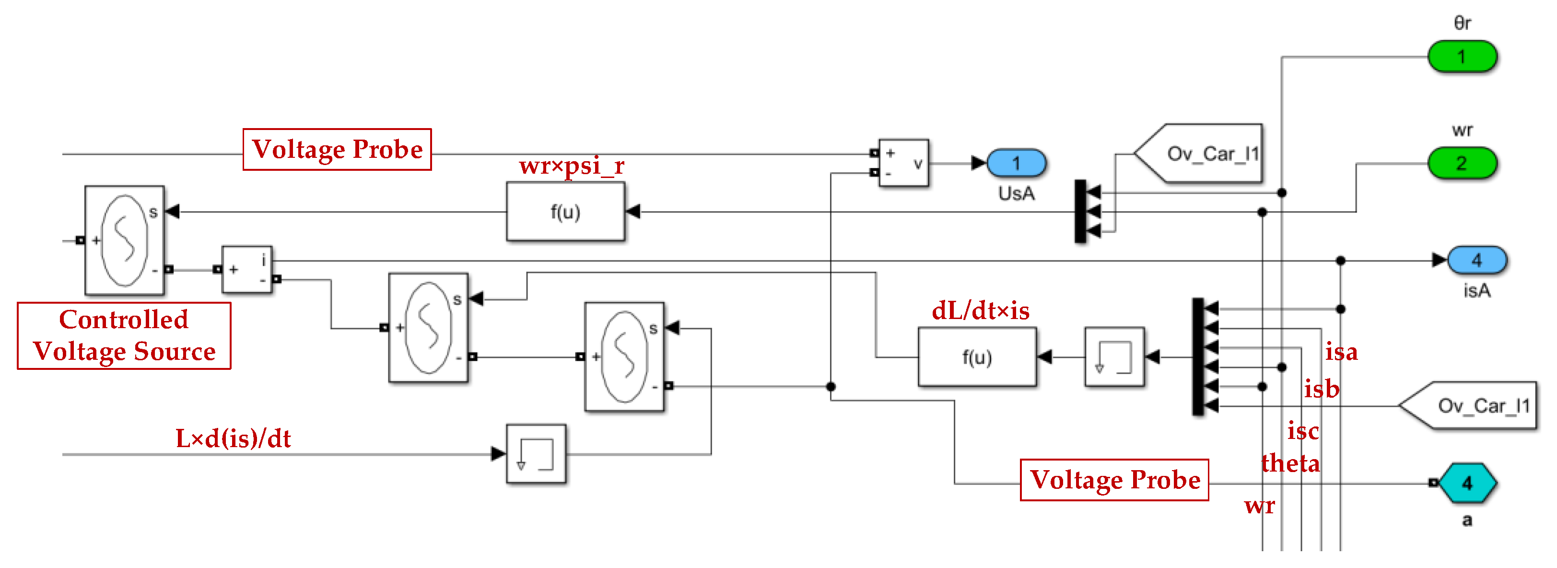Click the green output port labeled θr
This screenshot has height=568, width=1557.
(x=1462, y=57)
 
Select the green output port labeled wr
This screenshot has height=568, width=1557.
(x=1462, y=163)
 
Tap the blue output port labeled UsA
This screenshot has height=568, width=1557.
(x=1016, y=163)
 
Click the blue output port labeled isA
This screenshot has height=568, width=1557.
(x=1476, y=260)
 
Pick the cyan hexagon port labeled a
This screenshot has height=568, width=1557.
(x=1467, y=483)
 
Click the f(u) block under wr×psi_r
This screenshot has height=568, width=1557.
(x=565, y=212)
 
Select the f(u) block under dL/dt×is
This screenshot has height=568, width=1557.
(x=977, y=357)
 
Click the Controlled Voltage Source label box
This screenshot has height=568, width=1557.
(x=124, y=336)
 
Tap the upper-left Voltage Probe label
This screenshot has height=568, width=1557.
(x=337, y=149)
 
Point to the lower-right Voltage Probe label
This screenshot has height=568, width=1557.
(x=1114, y=480)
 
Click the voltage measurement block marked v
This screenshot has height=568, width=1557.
(x=903, y=163)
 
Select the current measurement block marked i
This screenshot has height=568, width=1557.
(x=247, y=270)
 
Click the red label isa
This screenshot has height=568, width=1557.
(x=1341, y=352)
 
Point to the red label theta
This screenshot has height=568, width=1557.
(x=1290, y=463)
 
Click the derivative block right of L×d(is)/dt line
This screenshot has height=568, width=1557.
(x=536, y=454)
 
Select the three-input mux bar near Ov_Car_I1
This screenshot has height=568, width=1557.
(x=1080, y=212)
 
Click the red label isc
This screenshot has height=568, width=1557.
(x=1302, y=431)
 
